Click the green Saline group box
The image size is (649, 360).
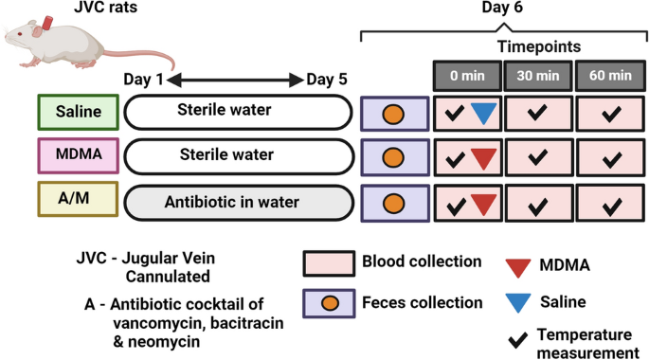[x=78, y=112]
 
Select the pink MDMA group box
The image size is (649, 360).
[x=78, y=155]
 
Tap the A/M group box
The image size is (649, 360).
[x=78, y=201]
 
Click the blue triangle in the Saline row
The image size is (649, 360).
[x=484, y=113]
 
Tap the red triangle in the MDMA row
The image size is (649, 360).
[x=484, y=157]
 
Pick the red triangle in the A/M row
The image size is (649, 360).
[x=484, y=202]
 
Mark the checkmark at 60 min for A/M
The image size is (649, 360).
[x=608, y=203]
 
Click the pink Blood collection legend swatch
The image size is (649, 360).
[x=329, y=263]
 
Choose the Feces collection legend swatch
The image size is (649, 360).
[x=329, y=303]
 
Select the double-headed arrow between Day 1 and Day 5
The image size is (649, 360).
[x=234, y=80]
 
